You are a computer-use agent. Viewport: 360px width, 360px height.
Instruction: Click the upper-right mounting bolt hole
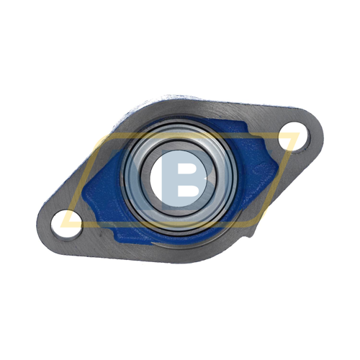[294, 137]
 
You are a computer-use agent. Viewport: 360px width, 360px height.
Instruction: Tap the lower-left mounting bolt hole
[66, 225]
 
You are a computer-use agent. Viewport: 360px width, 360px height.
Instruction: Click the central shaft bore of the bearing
[179, 179]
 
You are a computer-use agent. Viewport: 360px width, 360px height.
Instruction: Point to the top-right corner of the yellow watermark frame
[300, 133]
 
